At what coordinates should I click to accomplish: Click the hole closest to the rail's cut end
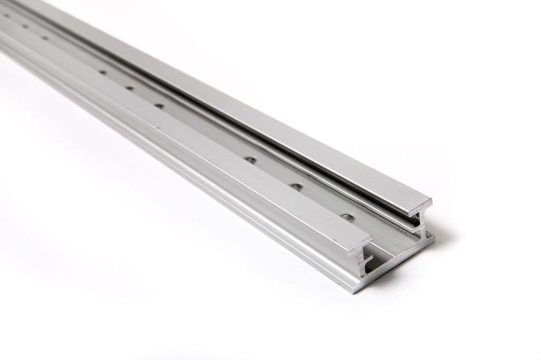pos(347,218)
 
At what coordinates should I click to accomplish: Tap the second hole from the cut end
pos(296,187)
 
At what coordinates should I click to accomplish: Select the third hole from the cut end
pos(250,160)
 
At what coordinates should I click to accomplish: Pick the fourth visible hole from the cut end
pos(159,106)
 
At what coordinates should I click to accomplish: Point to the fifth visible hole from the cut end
pos(129,88)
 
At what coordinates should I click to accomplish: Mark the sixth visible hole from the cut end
pos(102,72)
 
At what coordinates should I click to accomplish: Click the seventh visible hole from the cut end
pos(44,38)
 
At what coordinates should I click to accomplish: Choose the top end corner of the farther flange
pos(431,198)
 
